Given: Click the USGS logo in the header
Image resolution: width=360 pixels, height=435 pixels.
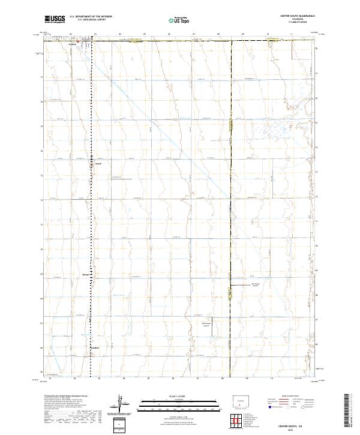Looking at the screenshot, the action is [55, 19].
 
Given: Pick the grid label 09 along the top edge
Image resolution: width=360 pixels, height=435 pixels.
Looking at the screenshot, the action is [242, 35].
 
